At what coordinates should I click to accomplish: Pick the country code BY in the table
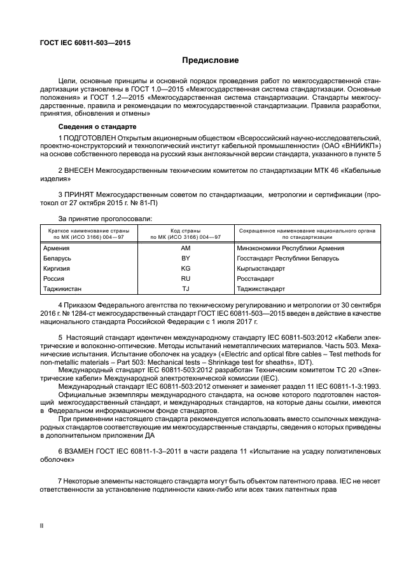click(x=186, y=258)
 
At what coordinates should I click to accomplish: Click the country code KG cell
click(x=186, y=268)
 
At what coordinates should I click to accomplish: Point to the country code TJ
click(x=186, y=288)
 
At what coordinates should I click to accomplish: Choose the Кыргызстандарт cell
click(x=260, y=268)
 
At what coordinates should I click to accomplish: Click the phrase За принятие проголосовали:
click(x=105, y=218)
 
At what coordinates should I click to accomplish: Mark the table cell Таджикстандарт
click(x=261, y=288)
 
